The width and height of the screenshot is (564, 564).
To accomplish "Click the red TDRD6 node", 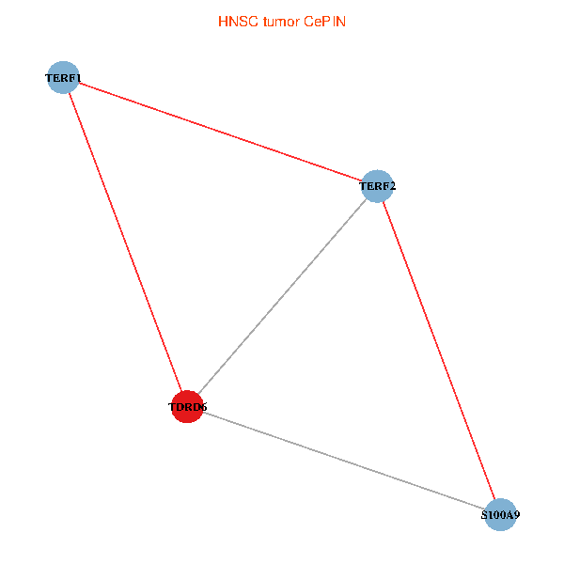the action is [188, 407].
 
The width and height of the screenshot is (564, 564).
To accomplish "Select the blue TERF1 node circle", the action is [63, 77].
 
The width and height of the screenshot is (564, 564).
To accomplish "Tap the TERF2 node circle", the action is [377, 186].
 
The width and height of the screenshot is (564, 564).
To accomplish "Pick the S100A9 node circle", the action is [501, 514].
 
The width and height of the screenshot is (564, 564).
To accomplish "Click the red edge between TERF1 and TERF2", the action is [220, 132].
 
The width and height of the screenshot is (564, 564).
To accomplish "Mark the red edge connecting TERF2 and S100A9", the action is [439, 350].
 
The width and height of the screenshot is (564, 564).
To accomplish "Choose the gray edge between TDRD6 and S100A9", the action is [344, 461].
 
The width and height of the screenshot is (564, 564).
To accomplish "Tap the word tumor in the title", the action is [278, 21].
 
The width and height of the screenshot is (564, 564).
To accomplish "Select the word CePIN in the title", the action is [325, 21].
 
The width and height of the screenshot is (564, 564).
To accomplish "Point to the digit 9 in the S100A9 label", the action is [516, 515].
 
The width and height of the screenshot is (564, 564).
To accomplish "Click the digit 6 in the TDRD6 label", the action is [203, 408].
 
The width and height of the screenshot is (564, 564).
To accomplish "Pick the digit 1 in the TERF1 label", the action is [78, 78].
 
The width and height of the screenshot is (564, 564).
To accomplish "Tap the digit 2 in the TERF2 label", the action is [392, 187].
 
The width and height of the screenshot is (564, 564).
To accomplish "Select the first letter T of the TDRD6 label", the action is [172, 408].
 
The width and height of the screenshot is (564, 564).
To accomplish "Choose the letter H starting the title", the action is [222, 21].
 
